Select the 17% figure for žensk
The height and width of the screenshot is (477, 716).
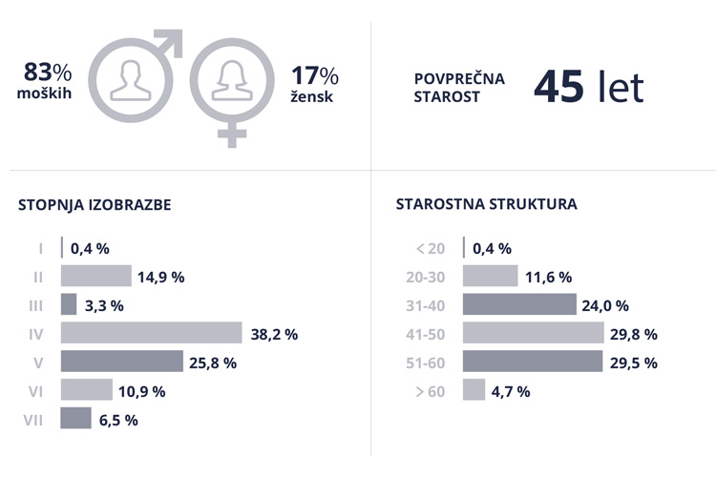click(315, 76)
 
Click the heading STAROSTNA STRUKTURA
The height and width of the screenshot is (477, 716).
click(486, 204)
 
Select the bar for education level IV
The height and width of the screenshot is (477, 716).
click(151, 333)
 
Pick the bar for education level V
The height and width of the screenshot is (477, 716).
click(121, 362)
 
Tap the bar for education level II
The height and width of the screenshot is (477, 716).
click(95, 277)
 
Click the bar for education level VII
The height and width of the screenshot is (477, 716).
click(76, 419)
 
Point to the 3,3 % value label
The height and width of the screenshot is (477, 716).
click(104, 306)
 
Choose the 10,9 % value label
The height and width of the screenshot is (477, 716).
click(143, 391)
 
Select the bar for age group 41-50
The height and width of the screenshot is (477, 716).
click(533, 333)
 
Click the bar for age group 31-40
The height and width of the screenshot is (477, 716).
click(519, 305)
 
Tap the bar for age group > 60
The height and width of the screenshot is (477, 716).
click(474, 390)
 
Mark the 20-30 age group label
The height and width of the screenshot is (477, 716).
click(426, 278)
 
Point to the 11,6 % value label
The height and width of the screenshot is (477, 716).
click(549, 278)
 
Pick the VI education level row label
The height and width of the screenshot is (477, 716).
click(36, 391)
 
